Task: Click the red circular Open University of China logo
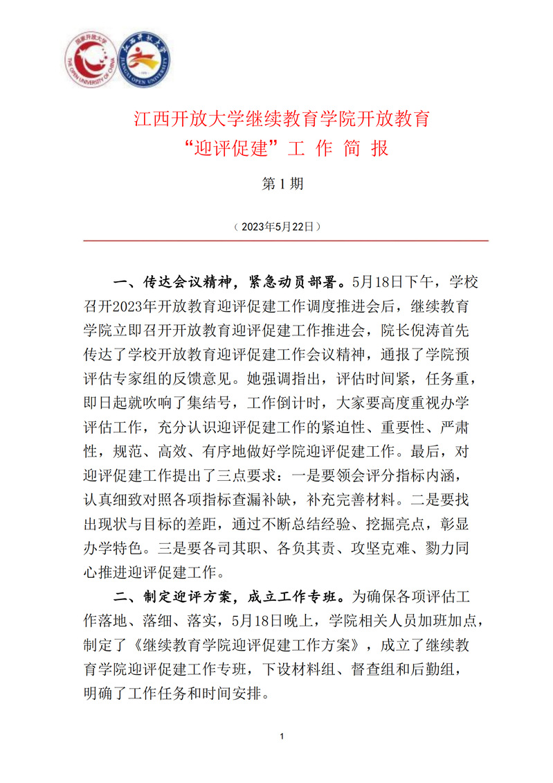point(92,62)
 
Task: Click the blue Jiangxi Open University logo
point(144,62)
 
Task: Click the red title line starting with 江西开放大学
point(282,118)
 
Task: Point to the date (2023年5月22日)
point(277,227)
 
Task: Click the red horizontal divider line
point(286,240)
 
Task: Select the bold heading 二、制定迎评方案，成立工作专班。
point(232,595)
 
